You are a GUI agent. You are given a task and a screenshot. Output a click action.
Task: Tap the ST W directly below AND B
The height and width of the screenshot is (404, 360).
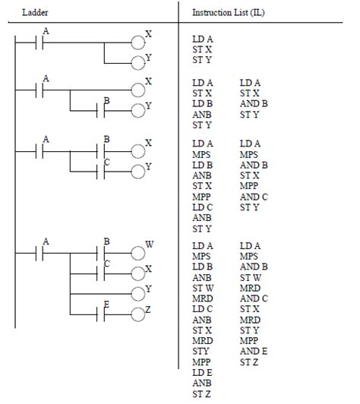pos(251,278)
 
